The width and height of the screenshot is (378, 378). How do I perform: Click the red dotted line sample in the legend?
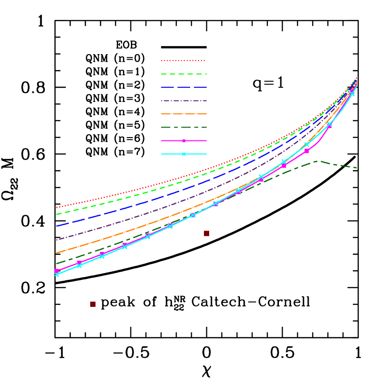click(x=184, y=61)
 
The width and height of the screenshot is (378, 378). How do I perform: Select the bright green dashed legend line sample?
click(x=184, y=74)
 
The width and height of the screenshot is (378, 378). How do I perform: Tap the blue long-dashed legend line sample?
click(x=184, y=87)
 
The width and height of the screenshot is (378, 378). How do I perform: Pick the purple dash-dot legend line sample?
click(x=184, y=101)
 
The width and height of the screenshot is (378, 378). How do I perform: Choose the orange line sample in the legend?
click(x=184, y=114)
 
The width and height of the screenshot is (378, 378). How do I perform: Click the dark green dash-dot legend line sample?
click(x=184, y=127)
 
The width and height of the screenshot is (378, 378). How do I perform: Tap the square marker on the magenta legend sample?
click(x=184, y=141)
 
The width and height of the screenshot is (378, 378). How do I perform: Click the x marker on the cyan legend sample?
click(x=184, y=154)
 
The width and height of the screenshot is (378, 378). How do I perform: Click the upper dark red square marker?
click(x=206, y=233)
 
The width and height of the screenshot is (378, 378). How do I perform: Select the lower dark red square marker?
click(x=93, y=304)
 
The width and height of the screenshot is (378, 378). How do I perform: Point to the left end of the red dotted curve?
click(x=57, y=207)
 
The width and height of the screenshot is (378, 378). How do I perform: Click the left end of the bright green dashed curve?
click(x=57, y=214)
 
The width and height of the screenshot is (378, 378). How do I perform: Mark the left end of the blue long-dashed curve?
click(x=57, y=226)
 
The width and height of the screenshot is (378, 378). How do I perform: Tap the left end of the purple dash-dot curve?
click(x=57, y=240)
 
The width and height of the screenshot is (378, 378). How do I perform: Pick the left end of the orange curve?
click(x=57, y=253)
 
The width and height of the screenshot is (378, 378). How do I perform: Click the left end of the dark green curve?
click(x=57, y=264)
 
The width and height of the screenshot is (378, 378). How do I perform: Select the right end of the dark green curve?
click(x=356, y=167)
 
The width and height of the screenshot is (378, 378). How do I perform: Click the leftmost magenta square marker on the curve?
click(x=56, y=271)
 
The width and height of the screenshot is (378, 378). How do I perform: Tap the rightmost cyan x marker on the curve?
click(x=352, y=94)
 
